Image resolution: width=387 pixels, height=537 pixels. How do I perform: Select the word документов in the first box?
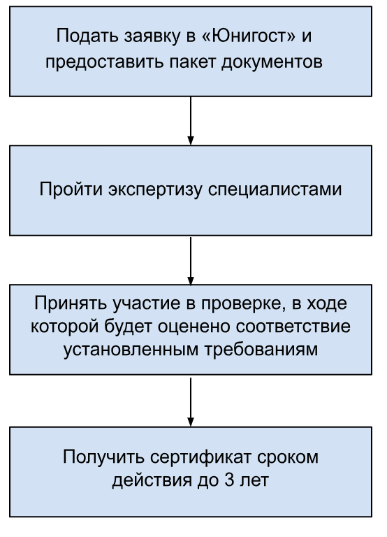click(272, 62)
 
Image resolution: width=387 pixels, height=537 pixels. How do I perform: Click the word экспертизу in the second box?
click(155, 189)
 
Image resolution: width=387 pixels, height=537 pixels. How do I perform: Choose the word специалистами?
click(275, 189)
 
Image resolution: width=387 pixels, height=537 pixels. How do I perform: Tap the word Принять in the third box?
click(71, 303)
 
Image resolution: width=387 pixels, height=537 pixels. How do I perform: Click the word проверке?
click(242, 303)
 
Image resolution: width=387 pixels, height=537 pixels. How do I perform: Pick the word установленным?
click(131, 350)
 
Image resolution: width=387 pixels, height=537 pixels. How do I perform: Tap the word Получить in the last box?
click(103, 457)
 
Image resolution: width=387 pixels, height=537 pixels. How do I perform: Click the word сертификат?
click(200, 457)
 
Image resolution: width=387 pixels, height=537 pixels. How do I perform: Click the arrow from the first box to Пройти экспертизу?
click(191, 120)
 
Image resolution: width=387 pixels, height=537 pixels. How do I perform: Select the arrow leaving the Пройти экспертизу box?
click(191, 261)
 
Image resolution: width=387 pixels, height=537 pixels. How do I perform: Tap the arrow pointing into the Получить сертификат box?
click(191, 402)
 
